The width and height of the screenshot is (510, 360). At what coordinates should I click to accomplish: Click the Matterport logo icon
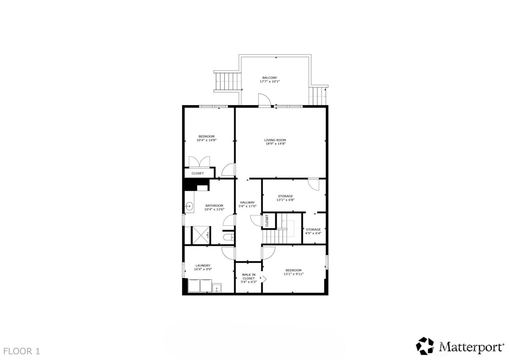click(x=427, y=346)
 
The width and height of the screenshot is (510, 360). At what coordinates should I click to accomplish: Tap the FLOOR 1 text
click(x=21, y=351)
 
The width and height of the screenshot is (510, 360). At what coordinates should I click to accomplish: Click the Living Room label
click(x=275, y=140)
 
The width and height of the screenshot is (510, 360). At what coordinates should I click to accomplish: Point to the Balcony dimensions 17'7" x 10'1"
click(x=270, y=82)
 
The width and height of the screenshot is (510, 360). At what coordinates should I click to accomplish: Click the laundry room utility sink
click(x=217, y=288)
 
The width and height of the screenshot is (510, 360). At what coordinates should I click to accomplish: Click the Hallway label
click(x=247, y=202)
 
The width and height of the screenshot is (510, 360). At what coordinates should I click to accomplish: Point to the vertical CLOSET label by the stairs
click(x=267, y=221)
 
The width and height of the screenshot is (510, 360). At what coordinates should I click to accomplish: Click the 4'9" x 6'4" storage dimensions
click(x=313, y=233)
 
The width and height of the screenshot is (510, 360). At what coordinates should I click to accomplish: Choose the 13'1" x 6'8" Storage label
click(x=285, y=196)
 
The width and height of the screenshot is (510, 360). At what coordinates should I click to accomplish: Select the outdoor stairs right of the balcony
click(x=319, y=95)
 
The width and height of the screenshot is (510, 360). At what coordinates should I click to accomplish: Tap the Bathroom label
click(x=214, y=206)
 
